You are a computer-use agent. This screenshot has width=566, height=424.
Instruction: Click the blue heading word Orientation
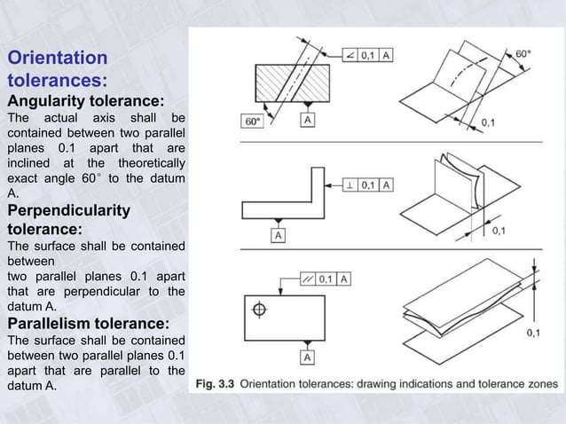57,59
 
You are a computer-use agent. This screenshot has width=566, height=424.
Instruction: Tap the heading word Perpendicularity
68,211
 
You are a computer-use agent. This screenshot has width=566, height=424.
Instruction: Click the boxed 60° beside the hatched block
252,121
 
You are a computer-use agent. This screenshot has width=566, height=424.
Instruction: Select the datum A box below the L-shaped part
279,235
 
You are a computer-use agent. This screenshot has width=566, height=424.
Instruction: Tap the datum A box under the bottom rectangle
307,357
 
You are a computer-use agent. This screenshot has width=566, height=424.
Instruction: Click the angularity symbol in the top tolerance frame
351,56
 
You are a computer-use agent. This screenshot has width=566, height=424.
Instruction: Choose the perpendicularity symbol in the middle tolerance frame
351,185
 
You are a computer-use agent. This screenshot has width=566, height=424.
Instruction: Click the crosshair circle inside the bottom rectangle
259,310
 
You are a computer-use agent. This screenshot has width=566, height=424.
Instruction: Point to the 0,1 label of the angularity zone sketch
488,122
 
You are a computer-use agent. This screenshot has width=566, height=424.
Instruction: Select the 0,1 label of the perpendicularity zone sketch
499,231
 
